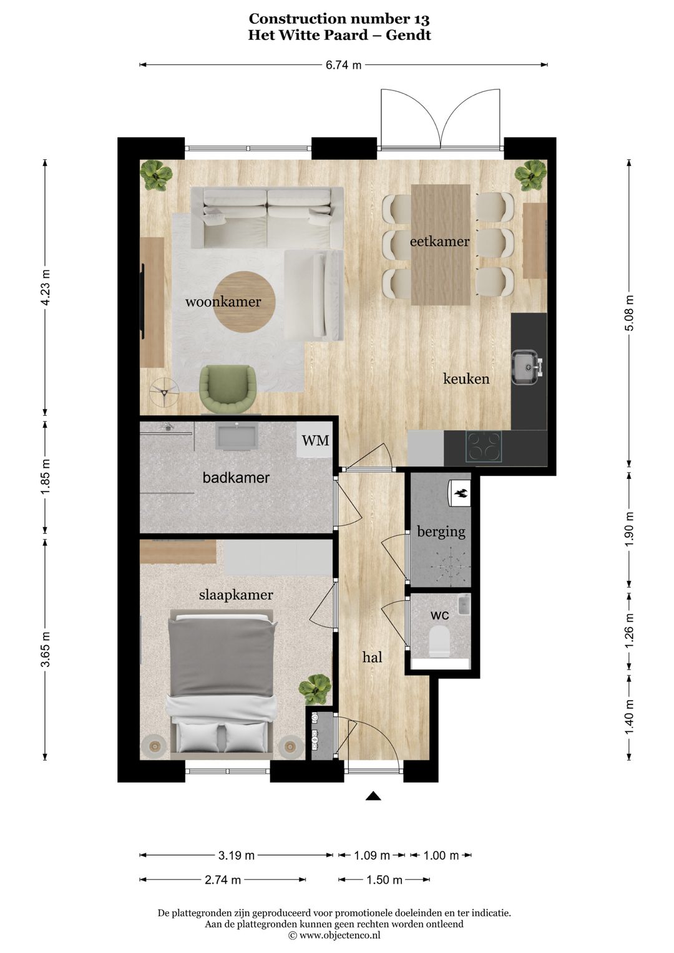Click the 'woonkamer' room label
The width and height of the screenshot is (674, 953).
click(223, 302)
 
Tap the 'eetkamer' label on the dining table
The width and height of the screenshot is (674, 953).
click(439, 242)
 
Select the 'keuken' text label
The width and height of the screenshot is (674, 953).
click(466, 379)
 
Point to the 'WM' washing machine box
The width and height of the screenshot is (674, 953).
click(315, 440)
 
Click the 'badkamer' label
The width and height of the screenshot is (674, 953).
click(236, 478)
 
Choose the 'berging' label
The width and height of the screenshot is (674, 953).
click(441, 532)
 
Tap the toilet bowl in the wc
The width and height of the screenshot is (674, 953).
click(440, 641)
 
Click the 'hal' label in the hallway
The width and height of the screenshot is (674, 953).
click(372, 657)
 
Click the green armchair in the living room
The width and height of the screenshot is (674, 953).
click(228, 388)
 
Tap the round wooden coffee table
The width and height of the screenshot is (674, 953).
click(245, 302)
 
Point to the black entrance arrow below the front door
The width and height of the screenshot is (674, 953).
click(373, 796)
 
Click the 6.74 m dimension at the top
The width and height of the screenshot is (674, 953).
click(343, 65)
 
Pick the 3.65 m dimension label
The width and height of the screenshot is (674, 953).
click(46, 649)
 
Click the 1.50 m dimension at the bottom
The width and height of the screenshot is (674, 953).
click(384, 880)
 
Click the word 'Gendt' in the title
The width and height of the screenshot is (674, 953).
click(408, 35)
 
